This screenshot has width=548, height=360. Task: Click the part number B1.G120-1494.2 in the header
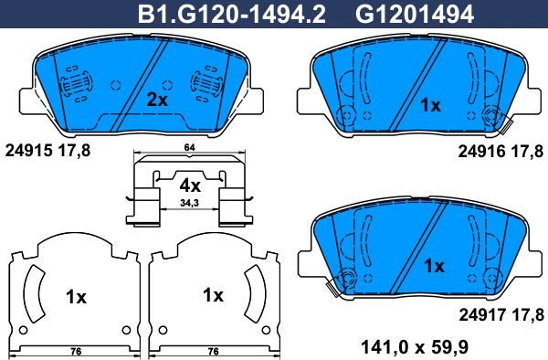[x=232, y=15]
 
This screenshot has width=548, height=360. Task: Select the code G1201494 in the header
[x=415, y=15]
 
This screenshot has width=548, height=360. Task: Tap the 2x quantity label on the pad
[x=157, y=101]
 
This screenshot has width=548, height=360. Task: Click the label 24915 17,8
[x=47, y=151]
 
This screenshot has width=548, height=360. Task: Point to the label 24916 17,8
[x=501, y=152]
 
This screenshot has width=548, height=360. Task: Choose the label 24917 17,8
[x=501, y=315]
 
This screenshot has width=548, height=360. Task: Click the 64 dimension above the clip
[x=189, y=147]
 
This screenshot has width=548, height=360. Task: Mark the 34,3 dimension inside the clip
[x=189, y=203]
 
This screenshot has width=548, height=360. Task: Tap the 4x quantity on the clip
[x=190, y=186]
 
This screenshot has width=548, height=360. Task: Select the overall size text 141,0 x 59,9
[x=414, y=347]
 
